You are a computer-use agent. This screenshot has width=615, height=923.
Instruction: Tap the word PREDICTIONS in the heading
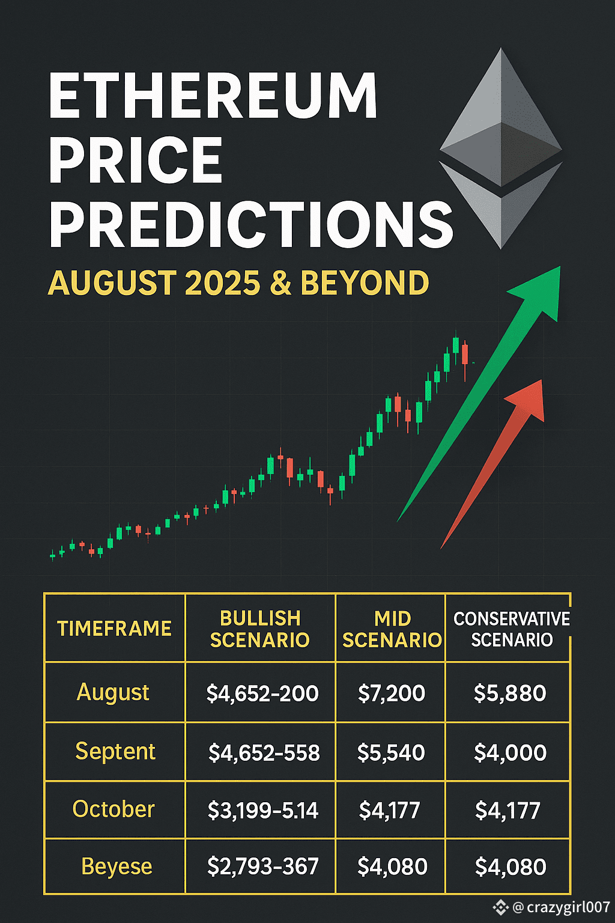click(x=251, y=225)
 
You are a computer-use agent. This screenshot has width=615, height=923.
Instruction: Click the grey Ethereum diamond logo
click(x=501, y=148)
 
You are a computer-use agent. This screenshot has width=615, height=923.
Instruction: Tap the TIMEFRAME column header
click(x=115, y=629)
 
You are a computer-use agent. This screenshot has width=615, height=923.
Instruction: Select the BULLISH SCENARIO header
click(x=260, y=629)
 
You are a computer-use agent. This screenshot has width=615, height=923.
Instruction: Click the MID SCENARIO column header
click(x=392, y=629)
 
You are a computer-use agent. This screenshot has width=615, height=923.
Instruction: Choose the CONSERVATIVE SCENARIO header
click(x=512, y=629)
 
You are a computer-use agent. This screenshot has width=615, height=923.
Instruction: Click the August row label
click(x=113, y=693)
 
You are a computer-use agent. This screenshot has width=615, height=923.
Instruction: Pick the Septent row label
click(x=115, y=752)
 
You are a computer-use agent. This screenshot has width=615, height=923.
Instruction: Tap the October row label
click(x=114, y=809)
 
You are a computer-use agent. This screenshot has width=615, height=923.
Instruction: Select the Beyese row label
click(x=117, y=867)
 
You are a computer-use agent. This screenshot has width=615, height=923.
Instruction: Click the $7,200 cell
click(x=392, y=693)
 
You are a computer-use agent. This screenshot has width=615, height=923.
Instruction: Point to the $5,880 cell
click(x=510, y=693)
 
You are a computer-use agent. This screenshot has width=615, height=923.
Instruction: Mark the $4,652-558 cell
click(x=264, y=752)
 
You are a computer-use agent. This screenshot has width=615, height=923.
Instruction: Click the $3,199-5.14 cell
click(x=263, y=810)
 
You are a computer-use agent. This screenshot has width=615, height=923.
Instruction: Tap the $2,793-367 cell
click(x=263, y=866)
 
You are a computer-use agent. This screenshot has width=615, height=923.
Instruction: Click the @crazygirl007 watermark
click(x=552, y=907)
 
